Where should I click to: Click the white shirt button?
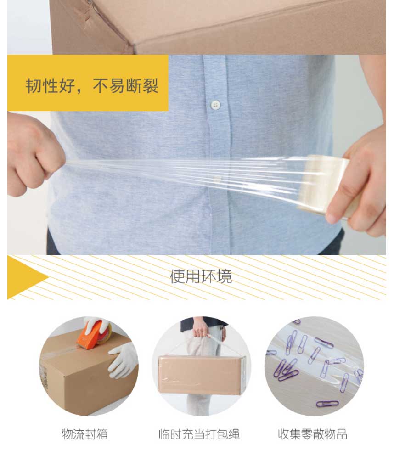pos(215,105)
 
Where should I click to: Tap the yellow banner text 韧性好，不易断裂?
pos(92,85)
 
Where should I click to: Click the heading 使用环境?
pos(201,276)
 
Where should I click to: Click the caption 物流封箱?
pos(84,434)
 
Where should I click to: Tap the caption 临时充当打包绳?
pos(199,434)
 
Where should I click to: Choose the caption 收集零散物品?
pos(313,434)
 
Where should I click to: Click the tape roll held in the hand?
pos(326,185)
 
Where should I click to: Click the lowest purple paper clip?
pos(327,404)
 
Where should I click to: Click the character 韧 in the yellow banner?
pos(33,85)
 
